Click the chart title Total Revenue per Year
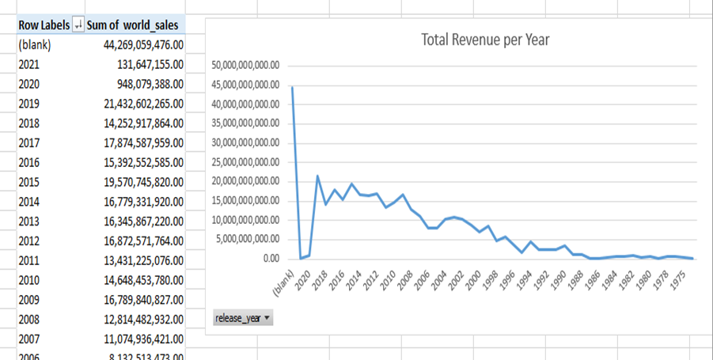point(484,39)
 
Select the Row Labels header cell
point(43,25)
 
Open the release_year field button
point(242,318)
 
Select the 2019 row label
point(28,103)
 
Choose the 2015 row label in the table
point(28,181)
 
